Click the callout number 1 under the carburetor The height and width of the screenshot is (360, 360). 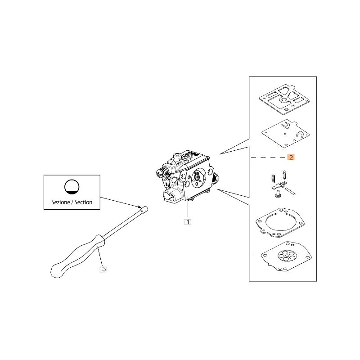(188, 222)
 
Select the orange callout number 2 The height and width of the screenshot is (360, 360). (291, 157)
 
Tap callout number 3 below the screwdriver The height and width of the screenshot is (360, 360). (104, 269)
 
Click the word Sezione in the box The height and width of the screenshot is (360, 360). (61, 202)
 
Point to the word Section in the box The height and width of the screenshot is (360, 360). (83, 202)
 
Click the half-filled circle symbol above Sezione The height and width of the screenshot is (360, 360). (72, 186)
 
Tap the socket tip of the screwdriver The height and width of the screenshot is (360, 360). (144, 210)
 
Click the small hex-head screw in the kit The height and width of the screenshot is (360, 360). (278, 194)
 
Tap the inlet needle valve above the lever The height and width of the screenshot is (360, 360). (285, 175)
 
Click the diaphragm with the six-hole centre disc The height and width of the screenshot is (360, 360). (286, 256)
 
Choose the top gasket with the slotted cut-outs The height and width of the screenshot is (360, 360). (284, 99)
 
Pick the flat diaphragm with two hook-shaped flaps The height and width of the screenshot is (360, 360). (285, 133)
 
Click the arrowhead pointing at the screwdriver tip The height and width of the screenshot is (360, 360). (139, 207)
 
